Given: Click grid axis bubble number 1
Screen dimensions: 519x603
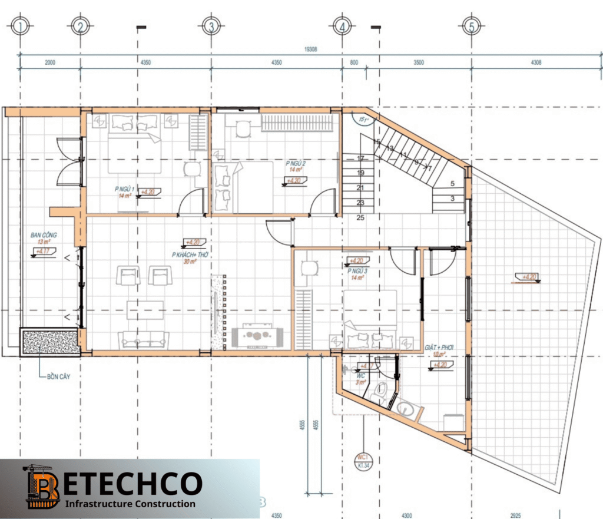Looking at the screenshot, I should point(21,26).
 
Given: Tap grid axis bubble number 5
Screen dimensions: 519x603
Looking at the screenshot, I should point(471,26).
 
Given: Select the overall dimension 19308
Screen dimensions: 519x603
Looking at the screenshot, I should point(311,50).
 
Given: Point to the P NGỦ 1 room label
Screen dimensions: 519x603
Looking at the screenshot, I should point(124,190).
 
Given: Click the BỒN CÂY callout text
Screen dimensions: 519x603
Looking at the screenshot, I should point(59,376).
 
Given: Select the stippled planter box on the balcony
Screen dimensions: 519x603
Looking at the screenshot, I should point(50,342).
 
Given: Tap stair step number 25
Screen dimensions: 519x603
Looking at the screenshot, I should point(360,217).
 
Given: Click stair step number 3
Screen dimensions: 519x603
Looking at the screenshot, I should point(452,199).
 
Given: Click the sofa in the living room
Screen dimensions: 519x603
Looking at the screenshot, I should point(144,339).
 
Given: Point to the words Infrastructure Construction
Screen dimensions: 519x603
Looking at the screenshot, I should point(130,504).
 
